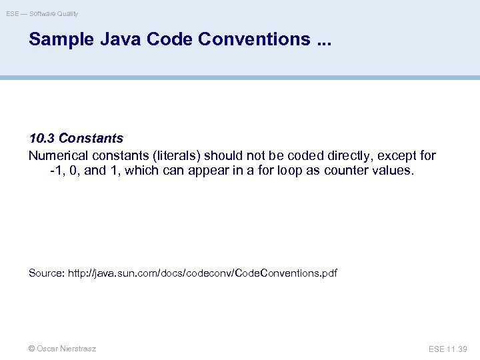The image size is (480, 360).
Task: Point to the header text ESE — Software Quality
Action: [42, 13]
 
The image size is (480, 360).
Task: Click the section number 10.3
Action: [42, 139]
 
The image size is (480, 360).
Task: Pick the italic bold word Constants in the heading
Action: [91, 139]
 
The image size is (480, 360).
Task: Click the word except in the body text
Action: [399, 156]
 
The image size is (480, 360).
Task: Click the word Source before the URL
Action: [45, 273]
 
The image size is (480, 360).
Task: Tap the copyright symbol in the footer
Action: [32, 349]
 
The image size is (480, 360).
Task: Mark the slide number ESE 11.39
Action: [448, 349]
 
